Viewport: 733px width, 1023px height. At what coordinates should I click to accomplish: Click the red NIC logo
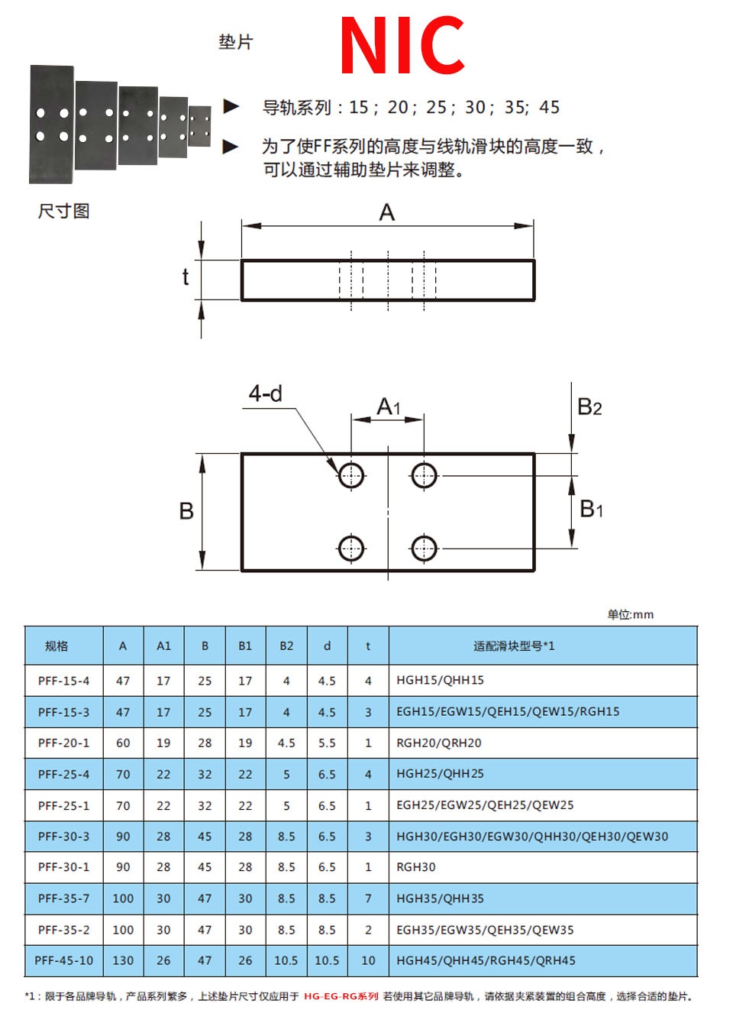tap(402, 45)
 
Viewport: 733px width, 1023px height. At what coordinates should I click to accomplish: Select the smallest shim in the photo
tap(199, 126)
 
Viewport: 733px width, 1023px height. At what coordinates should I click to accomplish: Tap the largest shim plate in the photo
tap(51, 125)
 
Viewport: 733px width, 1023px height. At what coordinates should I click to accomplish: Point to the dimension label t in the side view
tap(186, 277)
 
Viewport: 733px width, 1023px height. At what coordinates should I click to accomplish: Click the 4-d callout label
tap(265, 393)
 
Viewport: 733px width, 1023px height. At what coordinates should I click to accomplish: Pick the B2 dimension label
tap(589, 406)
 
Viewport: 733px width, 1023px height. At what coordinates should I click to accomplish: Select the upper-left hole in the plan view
tap(351, 475)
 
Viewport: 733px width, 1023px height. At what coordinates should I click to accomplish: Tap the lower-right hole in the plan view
tap(424, 548)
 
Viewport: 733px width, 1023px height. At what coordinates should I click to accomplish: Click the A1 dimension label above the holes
tap(389, 406)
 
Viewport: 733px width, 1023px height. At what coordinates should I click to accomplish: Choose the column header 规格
tap(57, 646)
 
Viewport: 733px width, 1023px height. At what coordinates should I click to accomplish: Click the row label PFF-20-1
tap(63, 743)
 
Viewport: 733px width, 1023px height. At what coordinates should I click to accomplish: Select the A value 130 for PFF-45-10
tap(123, 960)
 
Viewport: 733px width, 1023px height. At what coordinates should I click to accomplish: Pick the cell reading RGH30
tap(416, 867)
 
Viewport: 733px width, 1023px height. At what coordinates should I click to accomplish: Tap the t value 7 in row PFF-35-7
tap(368, 898)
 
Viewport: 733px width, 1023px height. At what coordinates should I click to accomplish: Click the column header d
tap(327, 646)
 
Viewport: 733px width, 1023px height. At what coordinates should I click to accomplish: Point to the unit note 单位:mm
tap(630, 614)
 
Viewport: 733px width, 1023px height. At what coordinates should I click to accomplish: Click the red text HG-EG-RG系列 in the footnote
tap(341, 996)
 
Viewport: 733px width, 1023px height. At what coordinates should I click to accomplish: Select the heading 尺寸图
tap(63, 211)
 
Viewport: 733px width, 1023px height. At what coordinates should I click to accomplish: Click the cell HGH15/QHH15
tap(440, 680)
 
